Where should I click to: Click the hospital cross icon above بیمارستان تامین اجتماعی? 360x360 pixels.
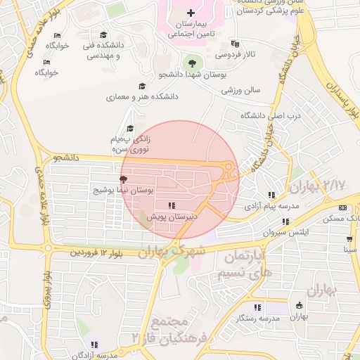coord(191,13)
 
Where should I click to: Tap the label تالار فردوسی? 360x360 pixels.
coord(236,54)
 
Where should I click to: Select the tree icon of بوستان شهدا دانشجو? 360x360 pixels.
coord(189,64)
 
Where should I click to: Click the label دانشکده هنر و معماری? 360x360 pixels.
coord(143,96)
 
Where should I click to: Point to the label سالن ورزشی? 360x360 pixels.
coord(241,90)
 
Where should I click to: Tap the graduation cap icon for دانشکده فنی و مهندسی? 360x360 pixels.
coord(103,35)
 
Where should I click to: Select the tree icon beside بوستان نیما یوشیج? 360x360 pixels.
coord(124,180)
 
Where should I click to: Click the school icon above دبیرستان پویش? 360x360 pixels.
coord(171,206)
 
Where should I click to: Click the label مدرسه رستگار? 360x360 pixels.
coord(259,319)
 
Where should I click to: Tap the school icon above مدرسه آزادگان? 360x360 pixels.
coord(94,345)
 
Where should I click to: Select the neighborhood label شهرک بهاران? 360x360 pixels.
coord(173,250)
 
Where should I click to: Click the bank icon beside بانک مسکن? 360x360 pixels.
coord(343,207)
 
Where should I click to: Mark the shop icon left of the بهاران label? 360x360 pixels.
coord(300,306)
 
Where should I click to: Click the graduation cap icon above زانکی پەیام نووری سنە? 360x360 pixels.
coord(129,128)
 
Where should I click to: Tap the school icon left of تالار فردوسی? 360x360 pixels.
coord(235,43)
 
